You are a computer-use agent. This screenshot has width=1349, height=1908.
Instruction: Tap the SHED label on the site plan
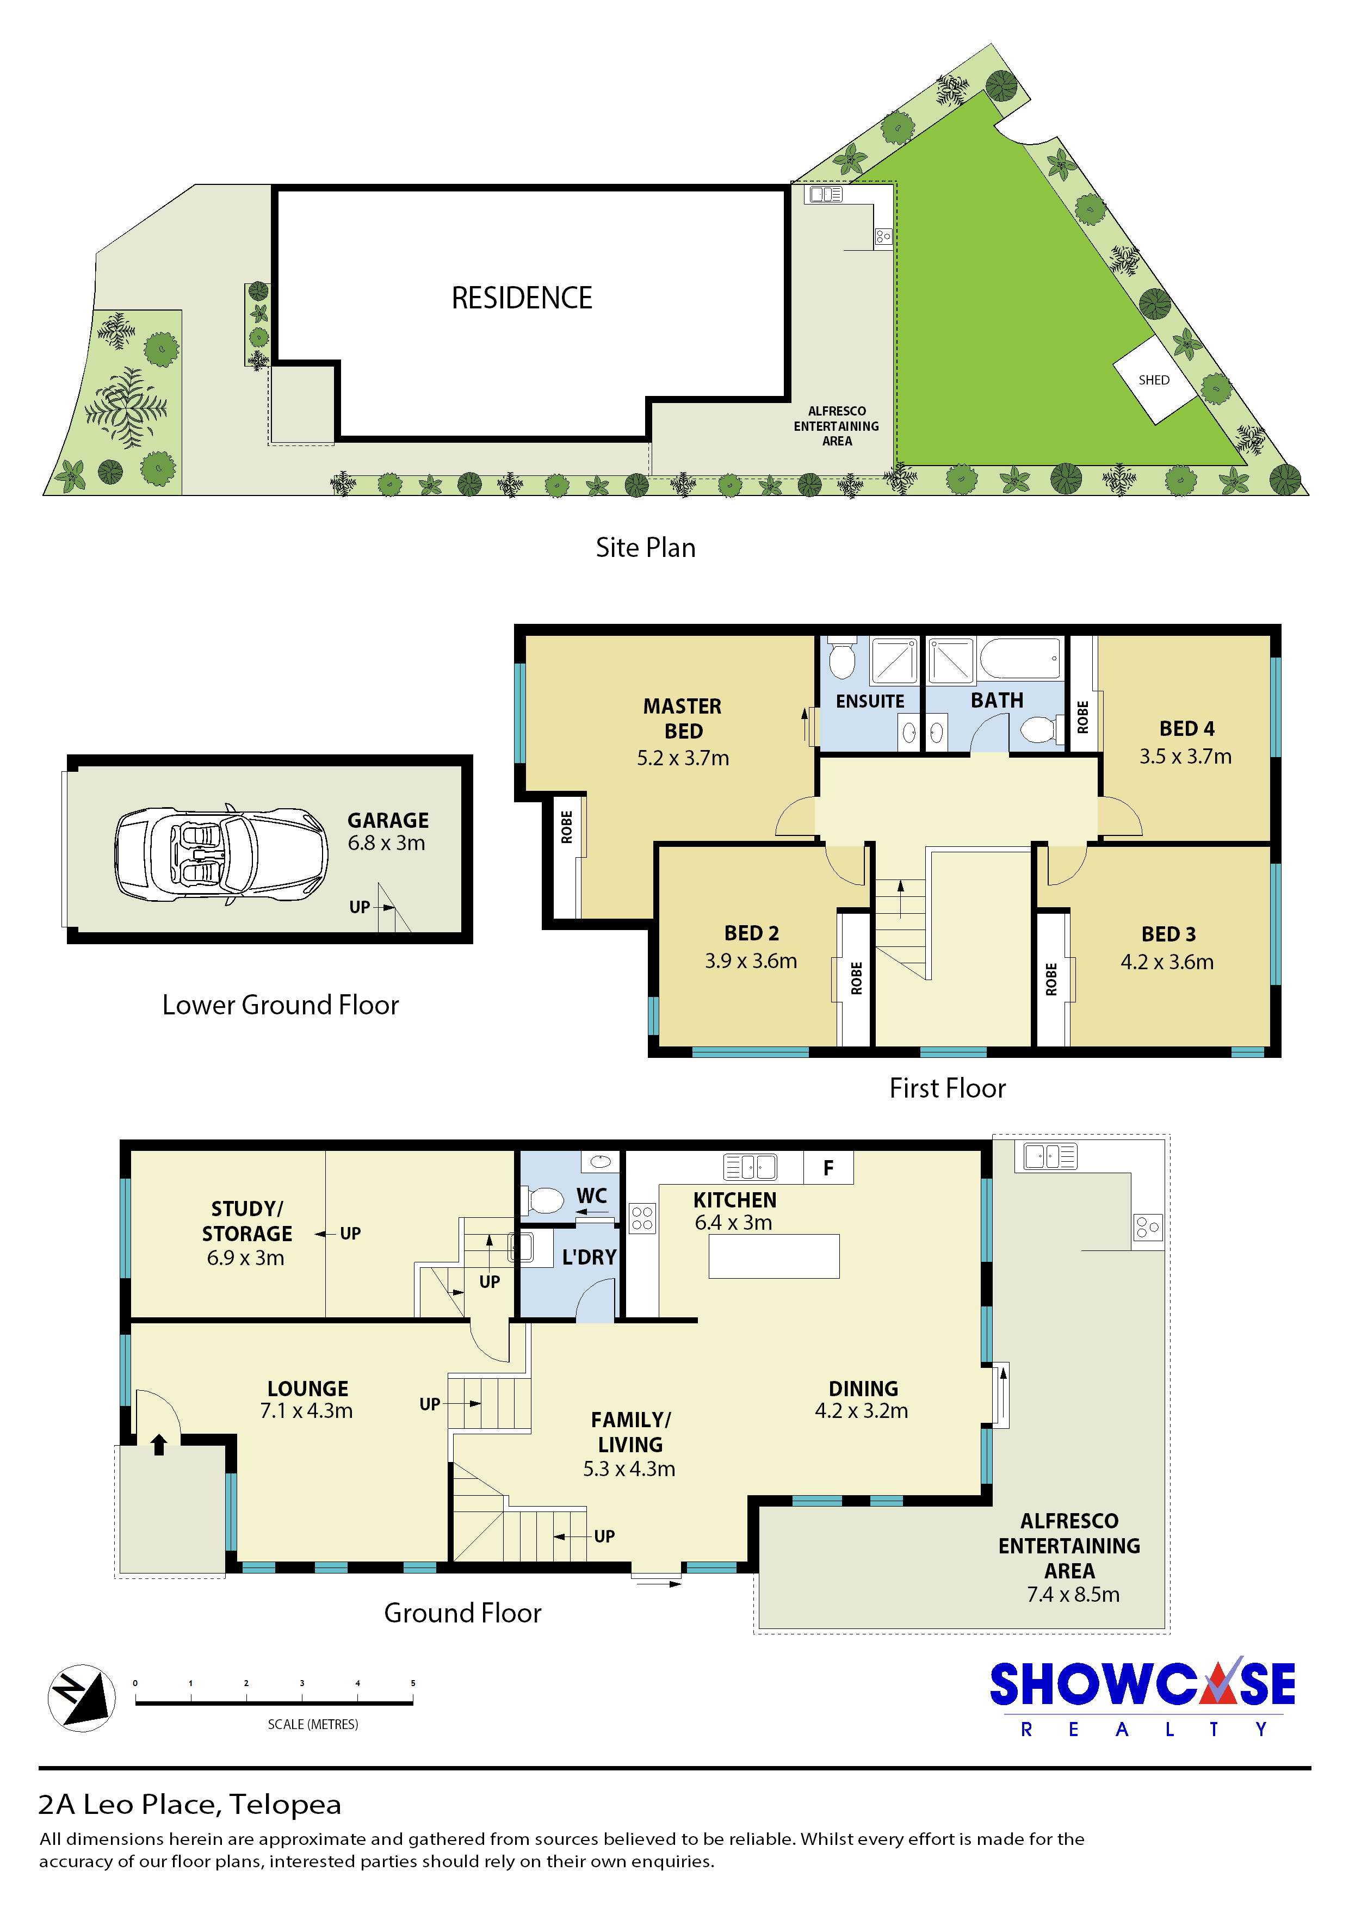pos(1154,380)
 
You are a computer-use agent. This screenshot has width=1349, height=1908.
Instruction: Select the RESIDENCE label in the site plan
pos(522,298)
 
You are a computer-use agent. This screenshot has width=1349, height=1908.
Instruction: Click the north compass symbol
pos(82,1697)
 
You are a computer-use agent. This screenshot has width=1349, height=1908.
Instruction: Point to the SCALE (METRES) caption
pos(313,1724)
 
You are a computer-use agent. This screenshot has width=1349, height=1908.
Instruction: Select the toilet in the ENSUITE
pos(843,658)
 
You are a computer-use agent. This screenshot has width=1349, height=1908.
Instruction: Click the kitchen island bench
pos(774,1256)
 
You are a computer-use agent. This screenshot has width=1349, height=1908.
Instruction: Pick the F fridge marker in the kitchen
pos(828,1168)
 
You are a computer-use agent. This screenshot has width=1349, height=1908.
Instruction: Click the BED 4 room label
pos(1187,729)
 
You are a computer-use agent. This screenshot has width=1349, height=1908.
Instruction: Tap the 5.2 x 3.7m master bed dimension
pos(683,758)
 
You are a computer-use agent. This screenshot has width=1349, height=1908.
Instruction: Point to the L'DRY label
pos(589,1257)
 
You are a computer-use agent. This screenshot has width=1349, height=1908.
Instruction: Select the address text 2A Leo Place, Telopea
pos(189,1804)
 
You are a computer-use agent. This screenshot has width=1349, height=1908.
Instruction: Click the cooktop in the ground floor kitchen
pos(642,1218)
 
